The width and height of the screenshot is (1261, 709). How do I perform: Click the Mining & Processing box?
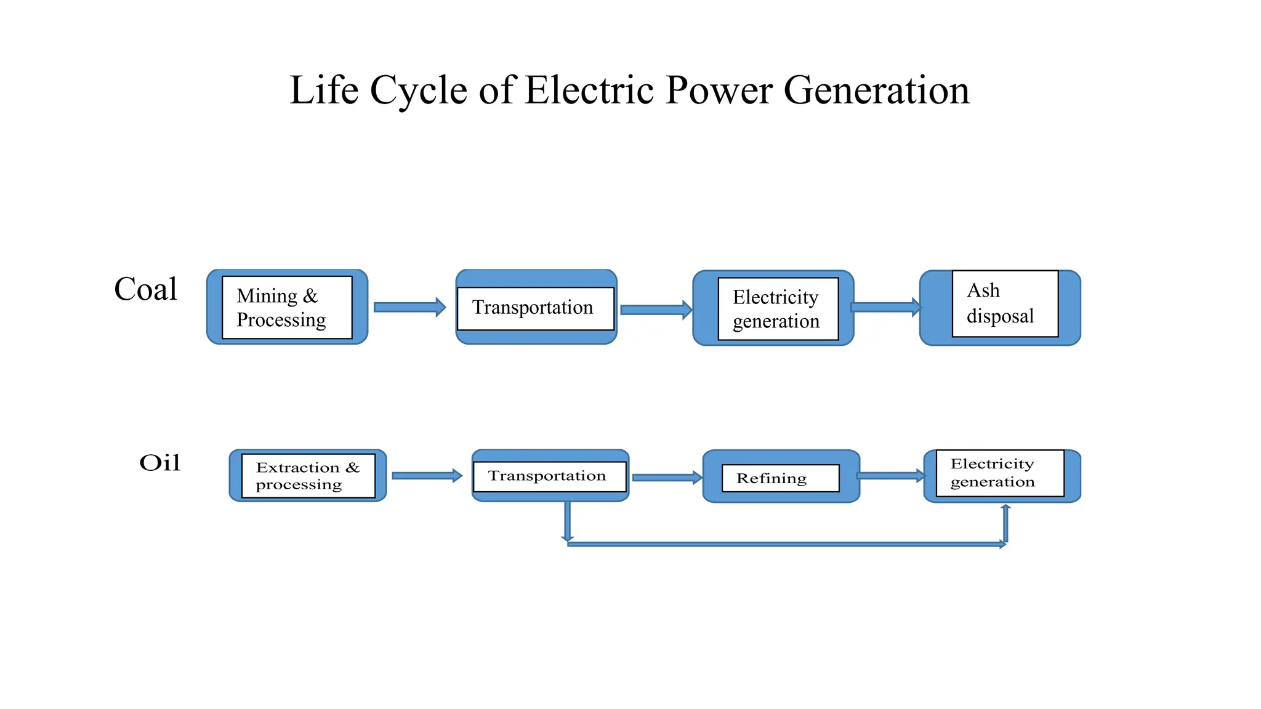point(287,307)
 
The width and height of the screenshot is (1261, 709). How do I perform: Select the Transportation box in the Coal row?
point(536,308)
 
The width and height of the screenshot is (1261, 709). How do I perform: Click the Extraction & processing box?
point(308,476)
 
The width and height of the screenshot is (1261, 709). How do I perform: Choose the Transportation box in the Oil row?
point(549,476)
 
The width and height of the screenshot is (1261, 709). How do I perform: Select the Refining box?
point(780,478)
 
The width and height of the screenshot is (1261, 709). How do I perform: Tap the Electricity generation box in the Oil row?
point(999,473)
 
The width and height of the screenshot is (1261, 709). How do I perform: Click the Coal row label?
point(146,289)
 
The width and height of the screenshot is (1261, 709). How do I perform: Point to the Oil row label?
point(160,463)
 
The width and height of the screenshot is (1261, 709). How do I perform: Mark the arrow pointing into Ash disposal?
point(885,307)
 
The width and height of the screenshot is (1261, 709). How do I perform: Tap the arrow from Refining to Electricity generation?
point(890,475)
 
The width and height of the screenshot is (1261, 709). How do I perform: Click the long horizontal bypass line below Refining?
point(782,544)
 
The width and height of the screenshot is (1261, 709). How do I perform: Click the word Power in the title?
point(719,90)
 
